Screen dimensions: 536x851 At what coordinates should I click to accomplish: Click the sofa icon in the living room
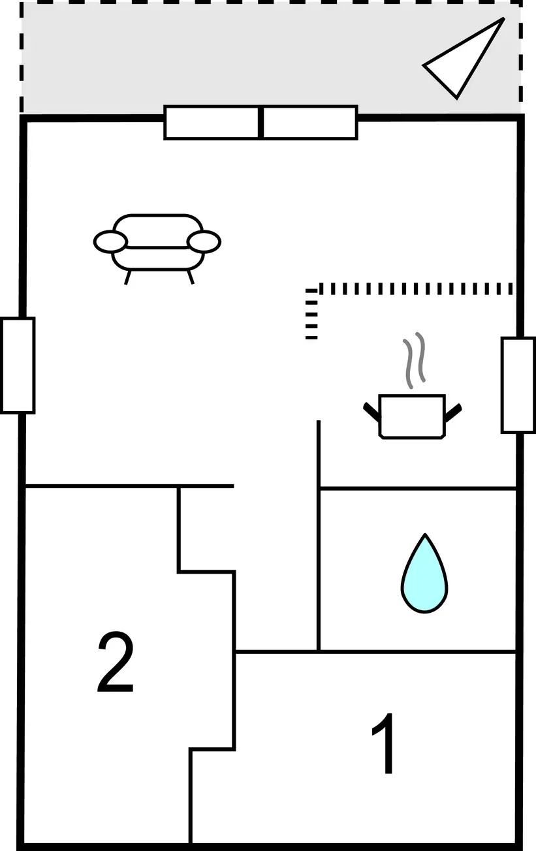tap(157, 248)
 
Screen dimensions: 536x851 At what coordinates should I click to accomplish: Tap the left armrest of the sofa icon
tap(110, 241)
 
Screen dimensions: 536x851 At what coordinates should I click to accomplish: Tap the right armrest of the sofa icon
tap(204, 241)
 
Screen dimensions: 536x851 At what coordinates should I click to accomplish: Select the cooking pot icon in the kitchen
tap(412, 417)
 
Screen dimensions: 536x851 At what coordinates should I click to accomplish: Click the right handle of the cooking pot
tap(453, 412)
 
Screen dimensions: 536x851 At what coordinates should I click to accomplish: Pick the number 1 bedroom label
tap(384, 743)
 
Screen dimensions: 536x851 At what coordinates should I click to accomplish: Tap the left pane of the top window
tap(212, 123)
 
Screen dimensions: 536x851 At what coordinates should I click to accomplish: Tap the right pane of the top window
tap(310, 123)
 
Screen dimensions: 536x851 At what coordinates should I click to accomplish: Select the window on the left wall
tap(18, 365)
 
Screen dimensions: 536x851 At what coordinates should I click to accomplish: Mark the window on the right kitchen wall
tap(518, 385)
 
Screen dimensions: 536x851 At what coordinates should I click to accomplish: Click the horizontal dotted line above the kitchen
tap(416, 288)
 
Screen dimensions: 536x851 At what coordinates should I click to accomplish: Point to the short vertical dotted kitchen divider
tap(311, 314)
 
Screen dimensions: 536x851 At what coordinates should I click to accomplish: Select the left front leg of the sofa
tap(128, 277)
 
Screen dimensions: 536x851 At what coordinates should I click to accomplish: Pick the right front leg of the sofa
tap(190, 277)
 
